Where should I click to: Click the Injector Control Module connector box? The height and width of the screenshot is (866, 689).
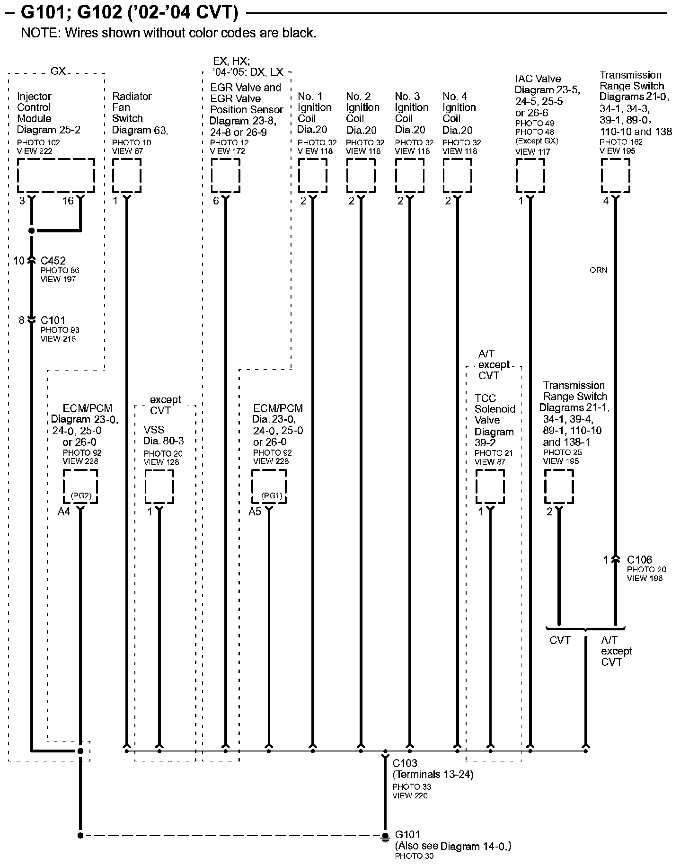tap(56, 176)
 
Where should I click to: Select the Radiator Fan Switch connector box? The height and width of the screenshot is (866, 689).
tap(127, 176)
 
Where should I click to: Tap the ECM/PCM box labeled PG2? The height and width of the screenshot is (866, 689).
tap(80, 487)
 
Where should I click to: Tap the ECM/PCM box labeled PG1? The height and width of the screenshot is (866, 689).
tap(269, 487)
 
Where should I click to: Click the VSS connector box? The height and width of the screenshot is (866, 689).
tap(159, 487)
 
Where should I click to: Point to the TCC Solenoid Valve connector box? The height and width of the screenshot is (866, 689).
tap(490, 487)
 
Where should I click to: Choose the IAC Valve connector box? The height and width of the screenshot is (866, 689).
tap(530, 176)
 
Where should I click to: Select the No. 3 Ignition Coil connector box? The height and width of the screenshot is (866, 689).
tap(409, 176)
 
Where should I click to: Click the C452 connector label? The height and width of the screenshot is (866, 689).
tap(53, 261)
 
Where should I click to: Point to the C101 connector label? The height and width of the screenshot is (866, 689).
tap(53, 320)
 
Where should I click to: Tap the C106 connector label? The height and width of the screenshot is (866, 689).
tap(639, 560)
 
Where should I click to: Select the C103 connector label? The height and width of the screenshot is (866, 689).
tap(405, 763)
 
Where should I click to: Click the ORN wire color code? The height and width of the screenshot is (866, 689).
tap(599, 270)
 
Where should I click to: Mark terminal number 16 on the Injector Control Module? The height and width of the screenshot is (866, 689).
tap(68, 201)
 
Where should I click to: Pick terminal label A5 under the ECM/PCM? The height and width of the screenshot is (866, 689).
tap(255, 512)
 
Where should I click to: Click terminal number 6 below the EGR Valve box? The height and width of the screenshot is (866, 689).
tap(216, 201)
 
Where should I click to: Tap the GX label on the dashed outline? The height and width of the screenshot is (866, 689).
tap(58, 71)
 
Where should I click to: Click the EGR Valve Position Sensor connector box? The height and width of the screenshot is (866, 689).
tap(225, 176)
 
